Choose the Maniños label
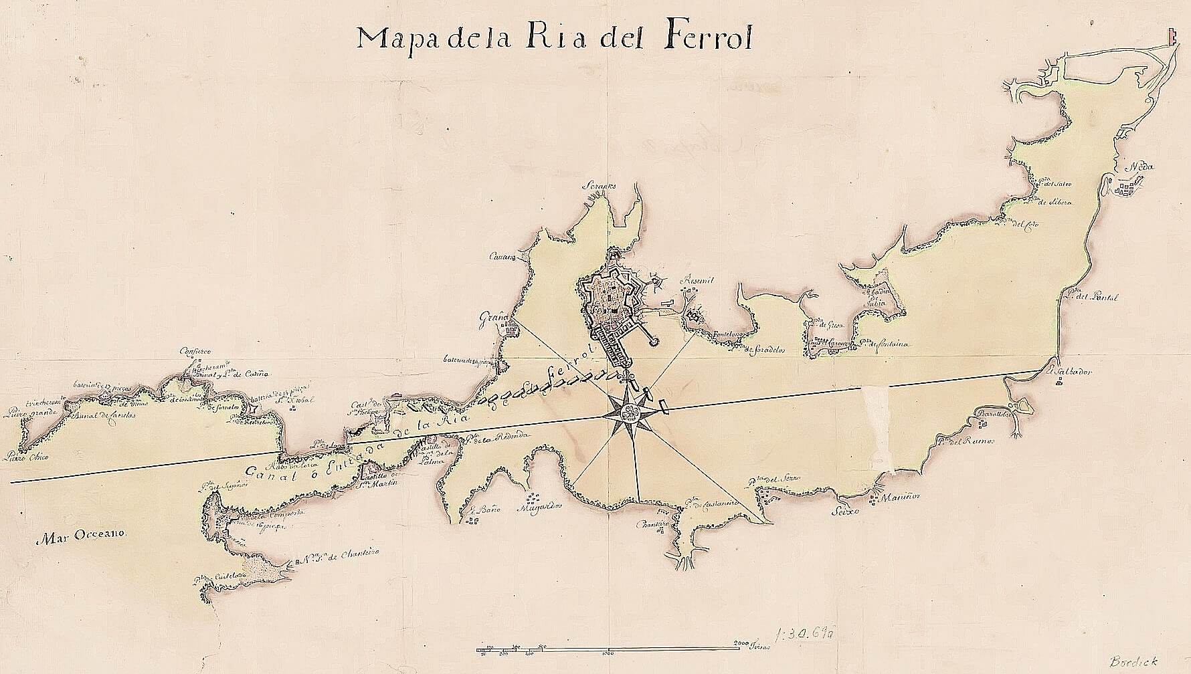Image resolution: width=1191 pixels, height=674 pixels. [901, 497]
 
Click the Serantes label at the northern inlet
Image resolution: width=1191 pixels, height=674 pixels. [598, 187]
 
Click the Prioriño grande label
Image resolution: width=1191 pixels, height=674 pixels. [27, 413]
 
